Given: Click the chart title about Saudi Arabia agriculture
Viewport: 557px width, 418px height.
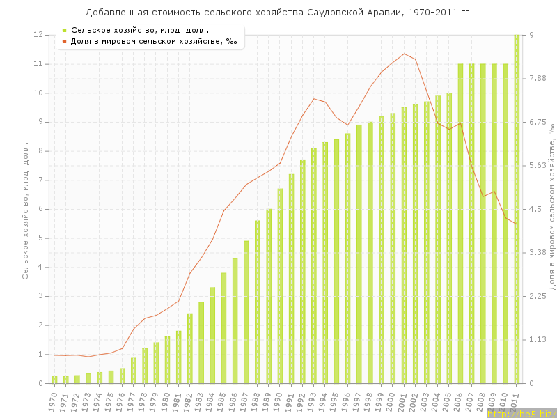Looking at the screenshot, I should (x=278, y=13).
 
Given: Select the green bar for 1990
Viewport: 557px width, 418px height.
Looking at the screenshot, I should (x=280, y=286).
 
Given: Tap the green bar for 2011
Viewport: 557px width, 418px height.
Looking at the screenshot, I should (x=517, y=209).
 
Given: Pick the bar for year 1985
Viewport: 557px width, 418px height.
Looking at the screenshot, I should (x=223, y=327).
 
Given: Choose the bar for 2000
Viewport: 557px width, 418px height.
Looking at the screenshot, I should (x=393, y=248).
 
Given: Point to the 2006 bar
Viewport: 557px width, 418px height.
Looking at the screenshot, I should (x=460, y=223).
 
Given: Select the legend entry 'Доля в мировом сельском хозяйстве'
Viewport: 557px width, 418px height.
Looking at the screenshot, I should (x=153, y=41).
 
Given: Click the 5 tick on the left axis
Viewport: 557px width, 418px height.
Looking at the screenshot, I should (x=41, y=238).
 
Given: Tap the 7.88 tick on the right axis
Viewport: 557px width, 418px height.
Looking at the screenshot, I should (x=539, y=78).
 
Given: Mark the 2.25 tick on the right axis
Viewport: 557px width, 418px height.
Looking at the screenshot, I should (x=539, y=296).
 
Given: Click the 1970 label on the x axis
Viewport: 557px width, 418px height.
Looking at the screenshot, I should (x=54, y=401).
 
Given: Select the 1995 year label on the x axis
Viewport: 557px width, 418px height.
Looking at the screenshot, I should (x=336, y=401).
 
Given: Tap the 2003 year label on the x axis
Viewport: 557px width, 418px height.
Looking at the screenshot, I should (x=426, y=401).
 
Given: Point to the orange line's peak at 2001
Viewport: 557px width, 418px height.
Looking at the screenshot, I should (x=404, y=54).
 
